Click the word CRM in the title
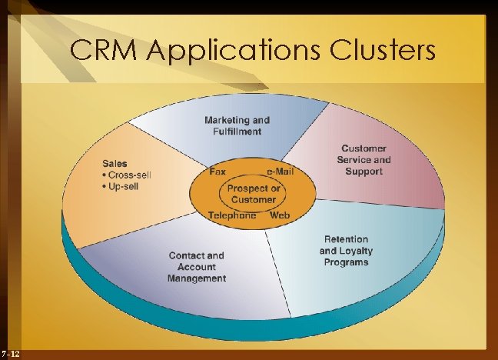(x=103, y=49)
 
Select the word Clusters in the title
(x=383, y=49)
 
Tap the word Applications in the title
(x=233, y=51)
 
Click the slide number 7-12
(x=11, y=354)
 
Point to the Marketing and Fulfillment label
(x=237, y=125)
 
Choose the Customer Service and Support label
(x=364, y=160)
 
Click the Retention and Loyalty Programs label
(x=346, y=251)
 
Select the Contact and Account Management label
(x=197, y=267)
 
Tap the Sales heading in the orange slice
(x=115, y=164)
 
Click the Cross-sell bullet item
(x=127, y=175)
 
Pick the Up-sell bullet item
(x=121, y=186)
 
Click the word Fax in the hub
(x=217, y=172)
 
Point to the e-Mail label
(x=281, y=172)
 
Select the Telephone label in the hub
(x=232, y=215)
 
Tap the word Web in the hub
(x=280, y=215)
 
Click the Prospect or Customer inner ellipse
(x=253, y=175)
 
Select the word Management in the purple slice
(x=197, y=278)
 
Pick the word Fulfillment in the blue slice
(x=237, y=132)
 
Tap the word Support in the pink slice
(x=364, y=172)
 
